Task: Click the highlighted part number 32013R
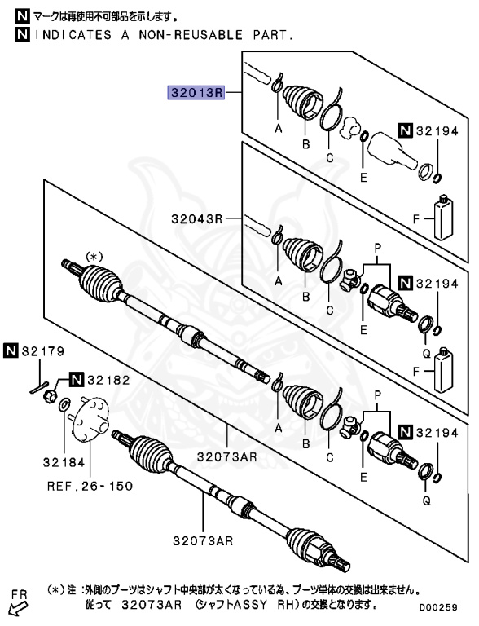[x=196, y=93]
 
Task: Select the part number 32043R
[x=196, y=219]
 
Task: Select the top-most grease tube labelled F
[x=445, y=216]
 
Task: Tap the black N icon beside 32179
[x=11, y=352]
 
